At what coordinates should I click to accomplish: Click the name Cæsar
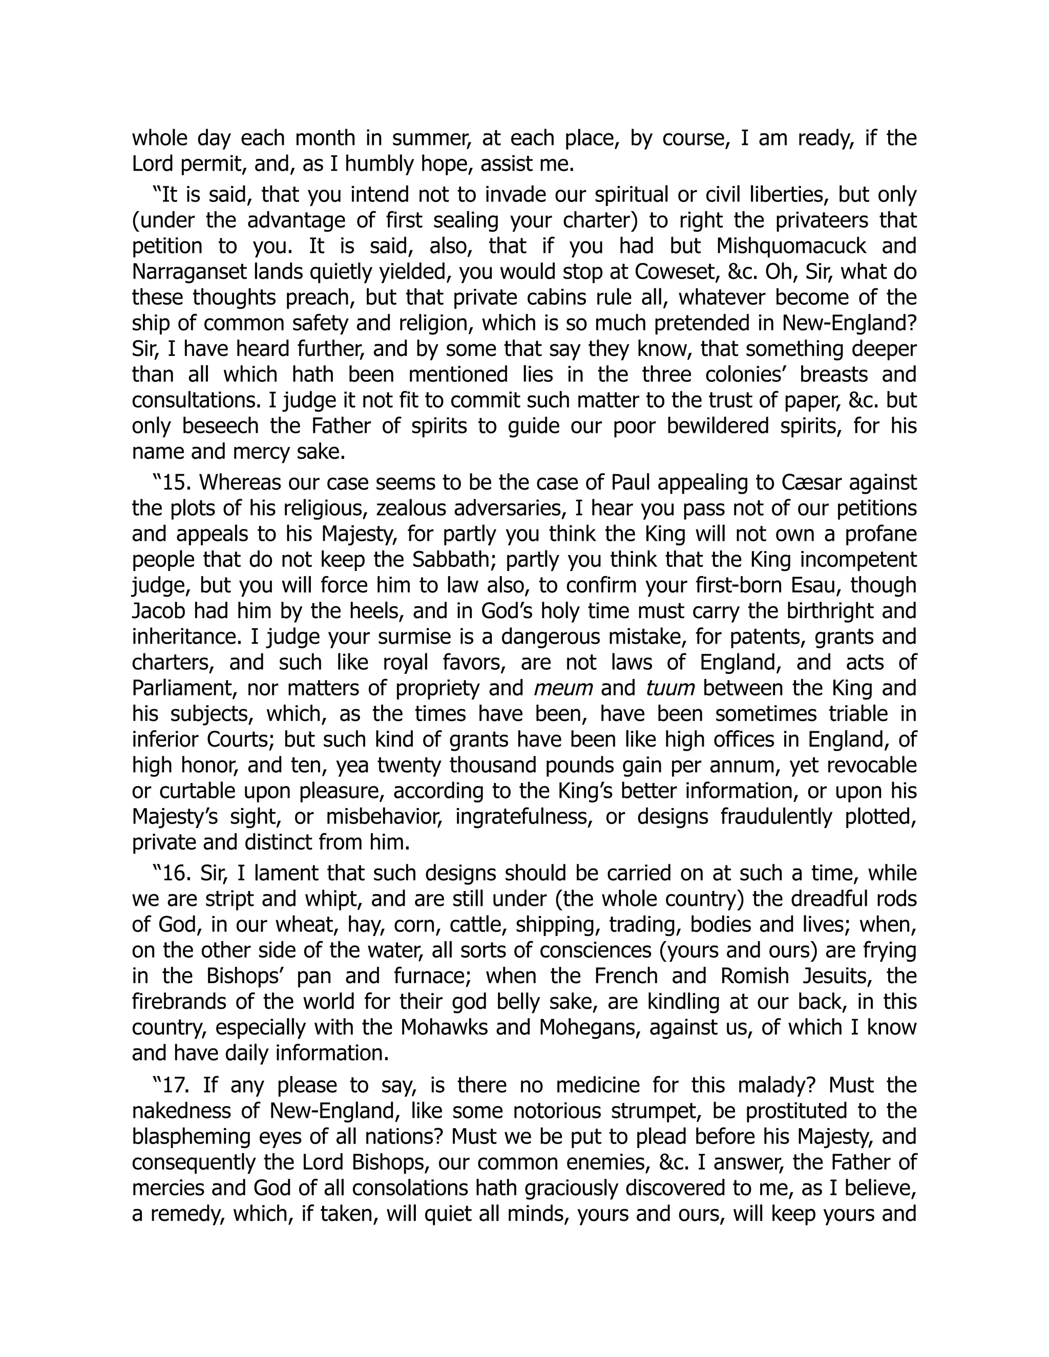point(812,482)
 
